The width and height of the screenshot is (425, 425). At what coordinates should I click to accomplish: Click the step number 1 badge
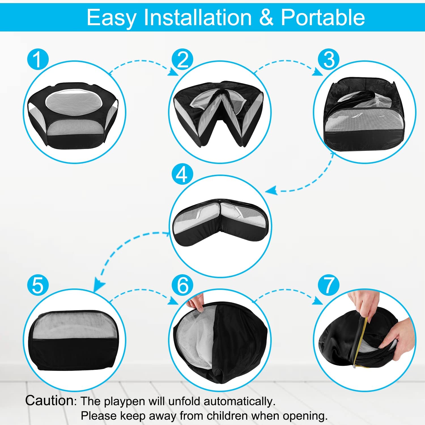(x=38, y=59)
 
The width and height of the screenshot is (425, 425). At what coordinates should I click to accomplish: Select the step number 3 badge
(x=329, y=59)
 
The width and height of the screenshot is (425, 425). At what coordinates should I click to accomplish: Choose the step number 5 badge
(x=38, y=285)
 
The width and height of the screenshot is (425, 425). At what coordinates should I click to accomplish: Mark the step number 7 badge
(x=329, y=285)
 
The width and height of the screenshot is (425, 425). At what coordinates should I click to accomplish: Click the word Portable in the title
(x=323, y=17)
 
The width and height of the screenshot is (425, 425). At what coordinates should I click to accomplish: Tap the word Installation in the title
(x=198, y=17)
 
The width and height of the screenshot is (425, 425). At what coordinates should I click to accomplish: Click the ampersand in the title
(x=266, y=18)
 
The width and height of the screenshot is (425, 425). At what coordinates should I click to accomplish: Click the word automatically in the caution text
(x=239, y=402)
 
